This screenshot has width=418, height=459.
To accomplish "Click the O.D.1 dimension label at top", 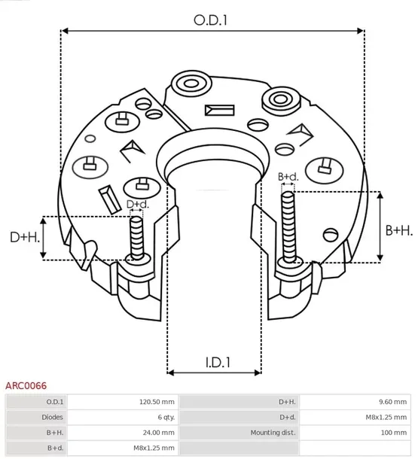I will click(211, 20).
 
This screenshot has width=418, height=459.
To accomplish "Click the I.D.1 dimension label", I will click(214, 362).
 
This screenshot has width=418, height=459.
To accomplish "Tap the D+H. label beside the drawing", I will click(24, 237).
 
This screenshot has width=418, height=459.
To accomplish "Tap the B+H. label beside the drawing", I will click(398, 230).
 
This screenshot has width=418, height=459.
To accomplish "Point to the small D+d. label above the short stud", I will click(137, 204).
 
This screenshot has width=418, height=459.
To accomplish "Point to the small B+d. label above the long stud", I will click(288, 177).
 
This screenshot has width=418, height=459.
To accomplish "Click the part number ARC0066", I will click(26, 385).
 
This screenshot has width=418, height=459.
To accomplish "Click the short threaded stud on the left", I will click(136, 238).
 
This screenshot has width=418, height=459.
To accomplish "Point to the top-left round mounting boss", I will click(187, 83).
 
